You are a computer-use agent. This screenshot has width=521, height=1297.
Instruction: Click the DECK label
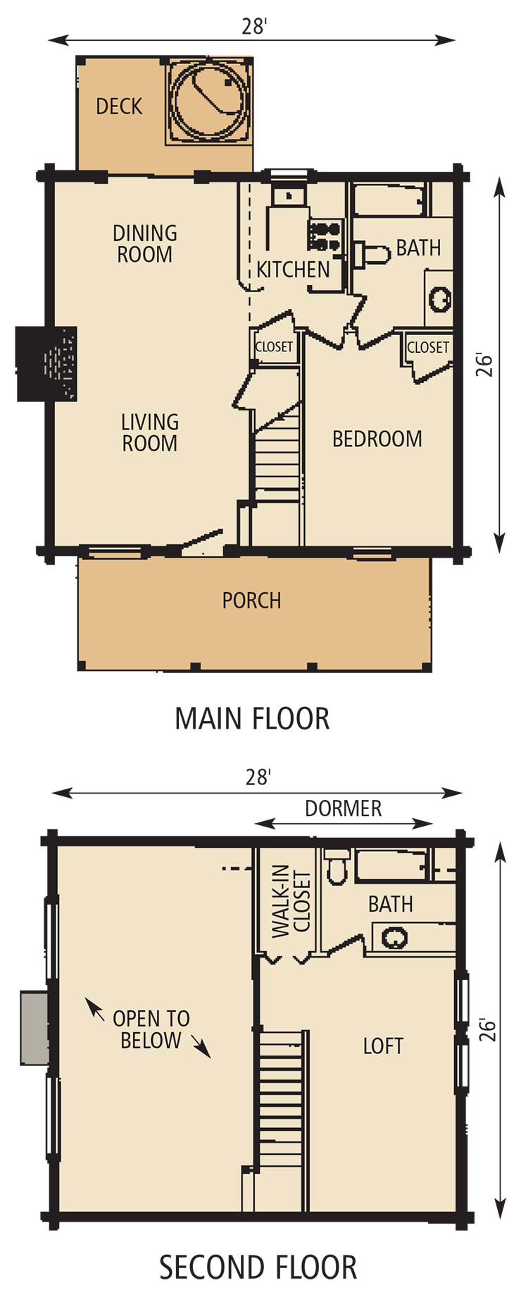click(x=119, y=106)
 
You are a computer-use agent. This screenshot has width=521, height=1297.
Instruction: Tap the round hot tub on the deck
click(x=209, y=101)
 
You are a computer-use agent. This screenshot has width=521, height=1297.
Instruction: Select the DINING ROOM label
click(x=145, y=244)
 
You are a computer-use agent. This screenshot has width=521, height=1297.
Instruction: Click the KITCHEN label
click(x=293, y=269)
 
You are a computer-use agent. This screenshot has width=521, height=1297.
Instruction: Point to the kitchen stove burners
click(x=324, y=236)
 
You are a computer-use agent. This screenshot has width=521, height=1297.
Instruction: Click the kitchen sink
click(x=289, y=195)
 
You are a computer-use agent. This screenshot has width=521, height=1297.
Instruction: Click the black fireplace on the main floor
click(x=46, y=363)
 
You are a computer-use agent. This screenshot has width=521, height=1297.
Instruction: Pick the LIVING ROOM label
click(x=149, y=432)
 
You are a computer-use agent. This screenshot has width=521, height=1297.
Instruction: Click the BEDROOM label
click(x=377, y=439)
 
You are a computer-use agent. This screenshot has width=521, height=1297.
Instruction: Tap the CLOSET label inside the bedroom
click(x=428, y=347)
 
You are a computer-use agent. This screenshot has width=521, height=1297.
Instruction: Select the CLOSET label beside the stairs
click(x=274, y=346)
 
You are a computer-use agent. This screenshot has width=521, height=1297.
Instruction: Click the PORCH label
click(x=251, y=601)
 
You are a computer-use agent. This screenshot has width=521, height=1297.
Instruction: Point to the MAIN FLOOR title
click(x=252, y=719)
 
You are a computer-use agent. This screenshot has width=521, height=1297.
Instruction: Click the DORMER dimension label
click(x=344, y=808)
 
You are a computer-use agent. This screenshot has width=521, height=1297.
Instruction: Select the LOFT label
click(x=383, y=1046)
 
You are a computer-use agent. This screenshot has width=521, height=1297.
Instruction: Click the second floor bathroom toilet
click(x=338, y=867)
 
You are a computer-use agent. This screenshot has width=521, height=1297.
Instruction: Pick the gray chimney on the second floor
click(x=34, y=1027)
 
